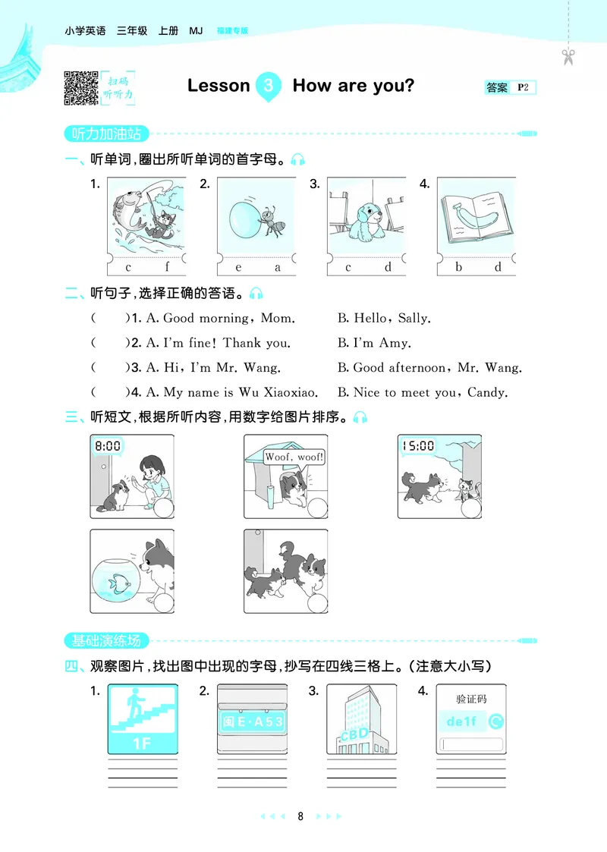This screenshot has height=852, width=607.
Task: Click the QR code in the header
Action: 80,86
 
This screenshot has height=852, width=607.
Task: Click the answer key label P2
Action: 523,88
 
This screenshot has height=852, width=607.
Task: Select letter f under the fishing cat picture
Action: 167,267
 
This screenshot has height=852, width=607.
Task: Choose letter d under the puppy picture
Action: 387,267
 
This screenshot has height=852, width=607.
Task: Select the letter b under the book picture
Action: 459,267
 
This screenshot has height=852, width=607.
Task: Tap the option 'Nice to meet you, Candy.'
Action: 430,392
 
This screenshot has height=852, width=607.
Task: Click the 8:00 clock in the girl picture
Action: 108,446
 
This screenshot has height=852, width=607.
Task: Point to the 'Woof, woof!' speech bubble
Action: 294,457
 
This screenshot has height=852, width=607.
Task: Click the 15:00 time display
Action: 417,446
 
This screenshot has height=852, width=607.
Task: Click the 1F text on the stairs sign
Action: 143,743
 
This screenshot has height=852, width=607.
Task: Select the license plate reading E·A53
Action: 252,722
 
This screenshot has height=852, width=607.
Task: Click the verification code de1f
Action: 461,721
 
